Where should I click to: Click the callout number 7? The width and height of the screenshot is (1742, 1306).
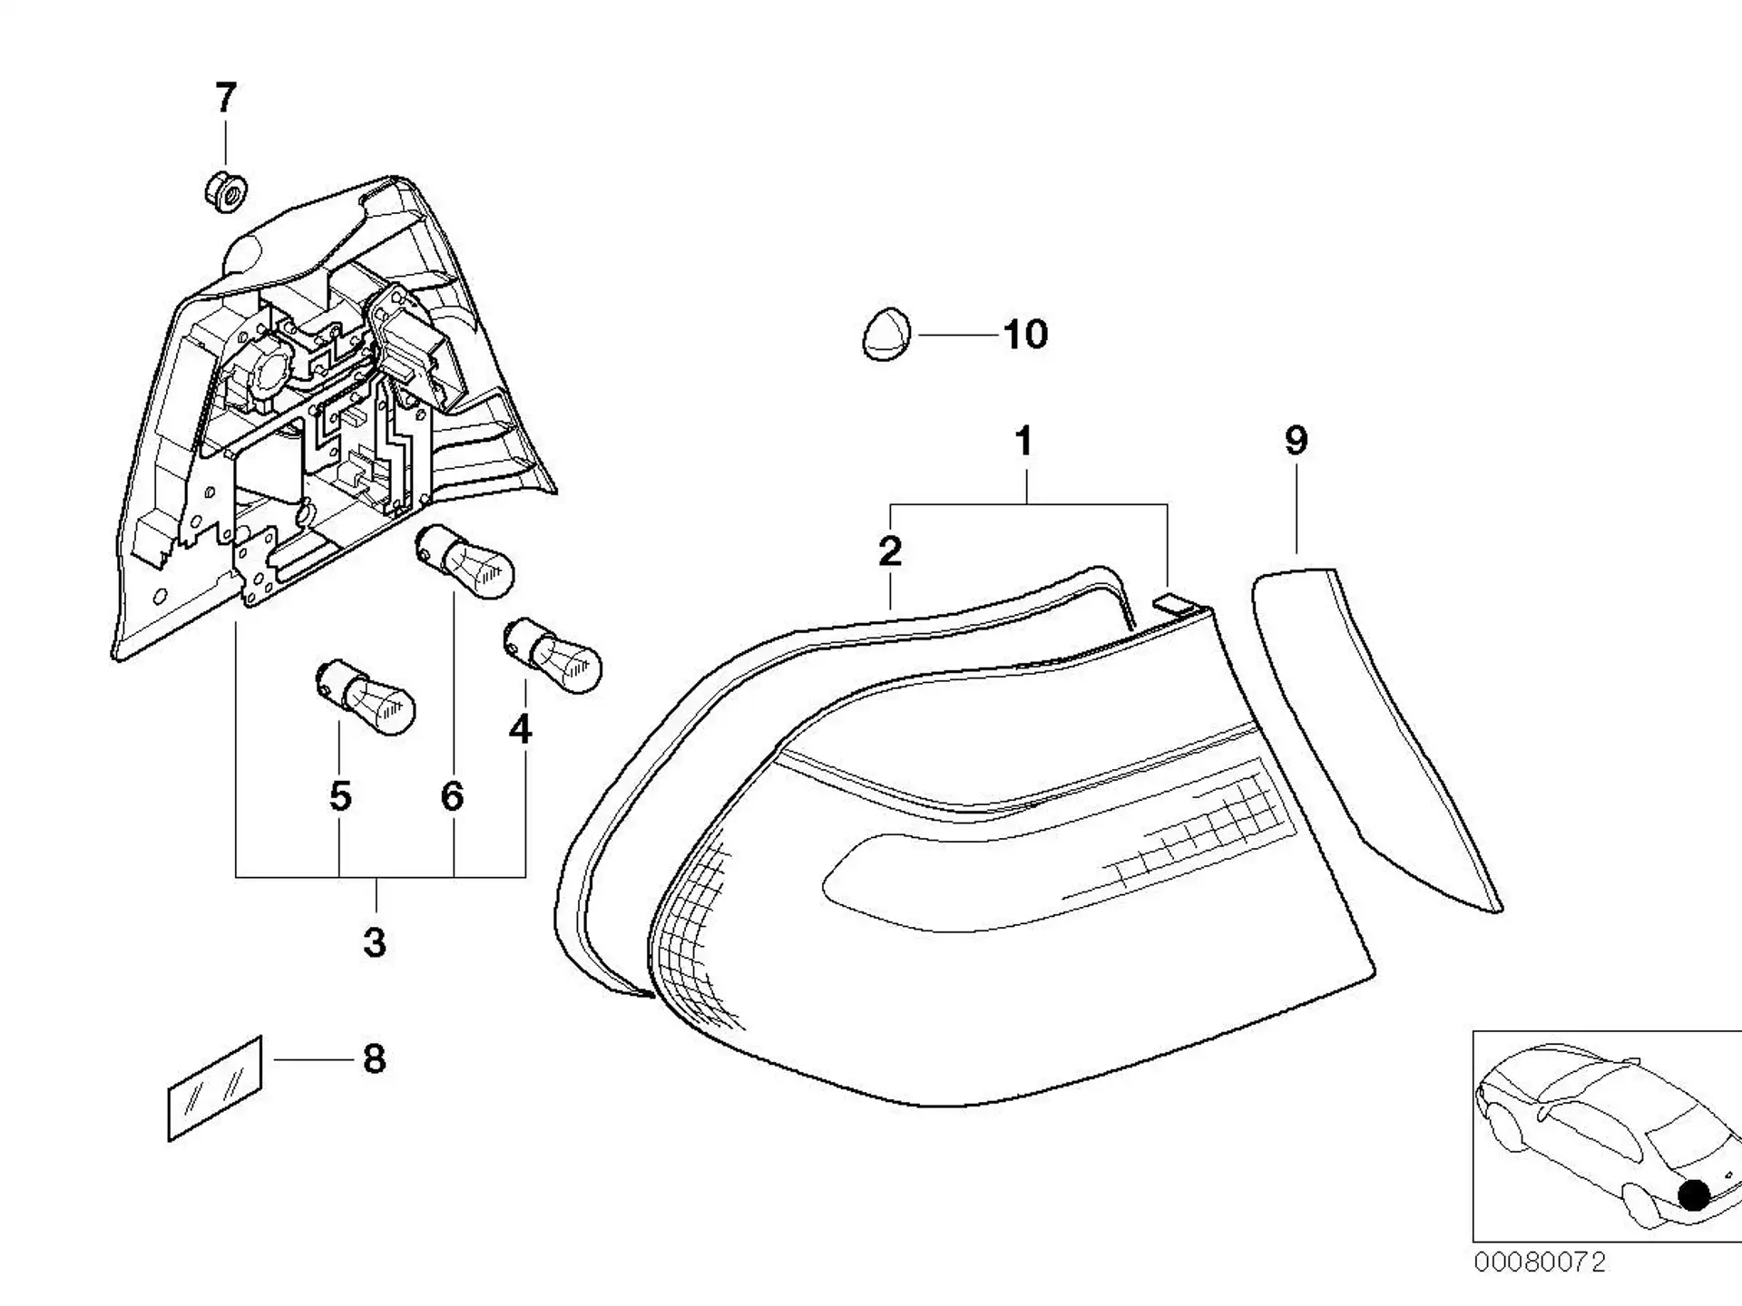(226, 97)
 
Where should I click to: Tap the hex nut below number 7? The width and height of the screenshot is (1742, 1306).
(224, 192)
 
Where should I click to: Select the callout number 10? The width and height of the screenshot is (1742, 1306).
(1026, 335)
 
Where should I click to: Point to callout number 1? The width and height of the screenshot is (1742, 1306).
(1024, 442)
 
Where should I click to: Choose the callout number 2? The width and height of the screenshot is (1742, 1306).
(890, 551)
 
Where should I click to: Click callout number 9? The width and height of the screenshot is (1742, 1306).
(1297, 441)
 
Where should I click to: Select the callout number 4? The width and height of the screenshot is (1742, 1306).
(520, 728)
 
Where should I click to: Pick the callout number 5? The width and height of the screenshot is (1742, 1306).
(340, 796)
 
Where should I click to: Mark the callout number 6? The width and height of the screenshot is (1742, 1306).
(453, 796)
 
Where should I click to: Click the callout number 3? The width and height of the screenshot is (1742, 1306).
(375, 943)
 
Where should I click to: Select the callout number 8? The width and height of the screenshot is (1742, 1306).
(375, 1059)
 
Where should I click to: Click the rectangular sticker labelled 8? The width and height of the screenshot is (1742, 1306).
(215, 1088)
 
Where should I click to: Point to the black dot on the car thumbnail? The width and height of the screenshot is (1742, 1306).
(1694, 1194)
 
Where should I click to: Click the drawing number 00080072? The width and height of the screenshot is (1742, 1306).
(1540, 1262)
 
